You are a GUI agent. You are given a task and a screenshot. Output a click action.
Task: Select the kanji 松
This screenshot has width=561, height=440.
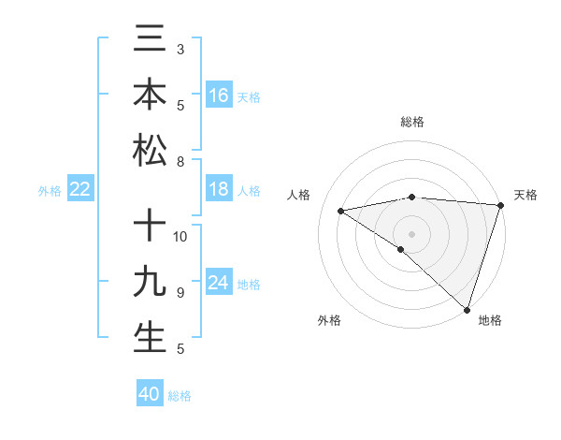[150, 150]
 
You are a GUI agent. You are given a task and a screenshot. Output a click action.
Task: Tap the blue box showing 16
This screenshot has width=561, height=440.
[219, 95]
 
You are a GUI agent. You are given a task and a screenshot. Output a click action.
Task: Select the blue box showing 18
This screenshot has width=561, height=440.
[219, 189]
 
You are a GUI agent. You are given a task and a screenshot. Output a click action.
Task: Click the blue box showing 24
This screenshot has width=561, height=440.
[219, 283]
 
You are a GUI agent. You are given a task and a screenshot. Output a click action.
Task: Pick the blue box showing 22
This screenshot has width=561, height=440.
[80, 189]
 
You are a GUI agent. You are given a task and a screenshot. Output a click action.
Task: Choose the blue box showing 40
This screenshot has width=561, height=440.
[150, 394]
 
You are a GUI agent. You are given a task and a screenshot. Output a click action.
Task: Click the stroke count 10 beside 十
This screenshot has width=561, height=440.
[181, 236]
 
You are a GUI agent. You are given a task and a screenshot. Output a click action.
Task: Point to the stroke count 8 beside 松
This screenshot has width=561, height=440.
[180, 162]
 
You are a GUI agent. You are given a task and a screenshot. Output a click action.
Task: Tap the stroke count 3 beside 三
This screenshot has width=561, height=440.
[180, 48]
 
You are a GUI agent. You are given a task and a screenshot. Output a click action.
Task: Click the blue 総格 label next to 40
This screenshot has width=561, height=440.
[180, 396]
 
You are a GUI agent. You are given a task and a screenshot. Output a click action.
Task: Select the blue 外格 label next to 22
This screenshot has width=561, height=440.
[50, 191]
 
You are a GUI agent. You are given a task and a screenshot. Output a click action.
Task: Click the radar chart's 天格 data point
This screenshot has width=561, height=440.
[500, 205]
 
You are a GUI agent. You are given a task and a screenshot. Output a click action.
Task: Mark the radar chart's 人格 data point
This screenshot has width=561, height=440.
[341, 211]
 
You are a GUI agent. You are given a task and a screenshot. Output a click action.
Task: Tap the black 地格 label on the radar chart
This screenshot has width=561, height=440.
[490, 320]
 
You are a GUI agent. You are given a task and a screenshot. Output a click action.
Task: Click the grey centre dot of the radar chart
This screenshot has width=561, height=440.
[411, 233]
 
